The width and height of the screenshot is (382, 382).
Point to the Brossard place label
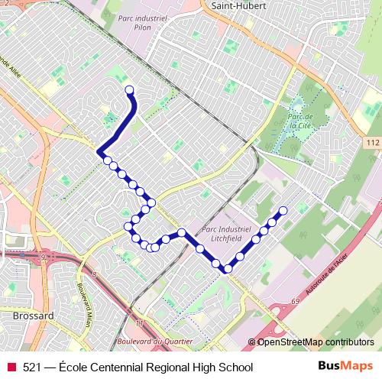(33, 315)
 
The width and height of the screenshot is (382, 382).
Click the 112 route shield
(372, 143)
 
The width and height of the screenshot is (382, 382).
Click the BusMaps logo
(345, 367)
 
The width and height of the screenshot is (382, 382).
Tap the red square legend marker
(11, 367)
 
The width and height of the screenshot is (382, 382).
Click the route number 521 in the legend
(33, 367)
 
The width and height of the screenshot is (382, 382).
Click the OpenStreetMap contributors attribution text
(316, 342)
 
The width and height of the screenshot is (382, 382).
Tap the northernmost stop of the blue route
(129, 91)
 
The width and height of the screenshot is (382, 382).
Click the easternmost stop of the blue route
(283, 210)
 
